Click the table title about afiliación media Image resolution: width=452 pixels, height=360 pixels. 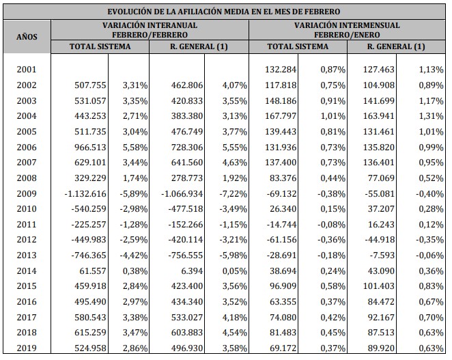point(225,12)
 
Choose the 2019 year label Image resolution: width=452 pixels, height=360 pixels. point(26,348)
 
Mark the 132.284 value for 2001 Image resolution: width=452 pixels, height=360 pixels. point(281,69)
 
